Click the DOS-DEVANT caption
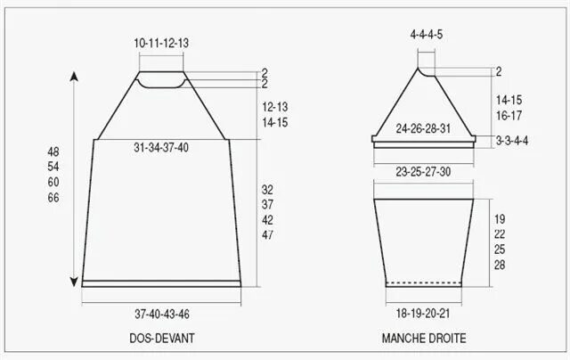click(x=162, y=339)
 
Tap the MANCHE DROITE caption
click(x=424, y=339)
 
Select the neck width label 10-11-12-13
click(x=161, y=44)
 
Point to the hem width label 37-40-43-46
click(x=162, y=314)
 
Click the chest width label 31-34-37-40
click(x=161, y=148)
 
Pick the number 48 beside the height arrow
click(x=53, y=151)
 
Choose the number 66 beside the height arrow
click(x=53, y=198)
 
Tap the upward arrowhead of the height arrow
click(x=74, y=77)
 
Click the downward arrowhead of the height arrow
click(x=74, y=282)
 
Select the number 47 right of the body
click(x=267, y=235)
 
